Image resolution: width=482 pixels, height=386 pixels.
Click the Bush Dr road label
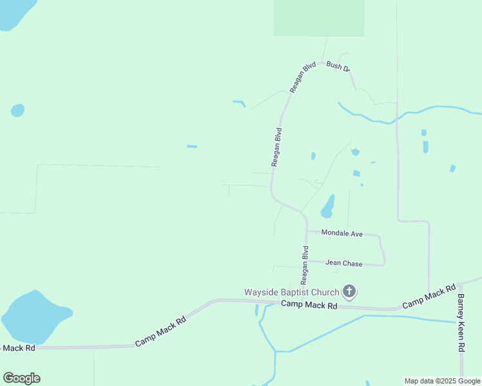338,66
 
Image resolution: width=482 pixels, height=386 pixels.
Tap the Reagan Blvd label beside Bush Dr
302,77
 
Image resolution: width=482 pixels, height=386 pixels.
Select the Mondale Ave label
342,233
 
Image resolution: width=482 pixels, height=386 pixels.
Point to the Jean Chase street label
343,263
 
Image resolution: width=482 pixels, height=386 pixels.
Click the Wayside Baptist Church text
292,292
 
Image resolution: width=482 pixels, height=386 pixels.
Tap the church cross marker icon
349,292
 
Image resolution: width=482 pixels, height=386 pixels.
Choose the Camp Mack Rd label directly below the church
309,305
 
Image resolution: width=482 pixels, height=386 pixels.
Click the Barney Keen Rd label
461,322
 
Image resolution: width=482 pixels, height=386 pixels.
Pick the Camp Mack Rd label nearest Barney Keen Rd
429,295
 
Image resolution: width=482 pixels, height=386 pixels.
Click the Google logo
21,378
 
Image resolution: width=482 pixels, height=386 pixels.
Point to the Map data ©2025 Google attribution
442,381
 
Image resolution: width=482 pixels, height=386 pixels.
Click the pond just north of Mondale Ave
328,207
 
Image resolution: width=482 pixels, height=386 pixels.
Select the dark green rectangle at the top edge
318,17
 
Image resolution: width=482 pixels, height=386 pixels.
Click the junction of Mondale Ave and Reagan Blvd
306,231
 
